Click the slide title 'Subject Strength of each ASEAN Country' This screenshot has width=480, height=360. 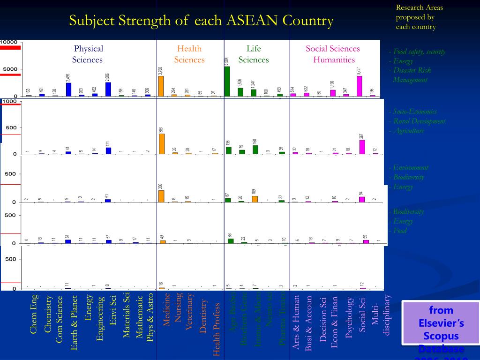[202, 21]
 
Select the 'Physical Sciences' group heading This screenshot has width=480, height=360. [88, 54]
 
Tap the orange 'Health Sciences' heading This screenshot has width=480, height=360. [189, 54]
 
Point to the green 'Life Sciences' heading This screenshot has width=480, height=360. [254, 54]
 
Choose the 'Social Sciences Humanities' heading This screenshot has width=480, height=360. [333, 54]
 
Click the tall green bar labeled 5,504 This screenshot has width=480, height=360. [227, 82]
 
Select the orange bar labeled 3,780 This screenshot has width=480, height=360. [161, 86]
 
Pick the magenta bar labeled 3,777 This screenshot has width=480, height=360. [360, 86]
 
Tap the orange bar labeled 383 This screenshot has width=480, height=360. [161, 144]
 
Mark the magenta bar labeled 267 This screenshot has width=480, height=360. [362, 147]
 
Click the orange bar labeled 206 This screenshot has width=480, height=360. [161, 196]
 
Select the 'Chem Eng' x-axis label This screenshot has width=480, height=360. [34, 314]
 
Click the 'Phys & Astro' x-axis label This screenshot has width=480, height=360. [150, 317]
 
